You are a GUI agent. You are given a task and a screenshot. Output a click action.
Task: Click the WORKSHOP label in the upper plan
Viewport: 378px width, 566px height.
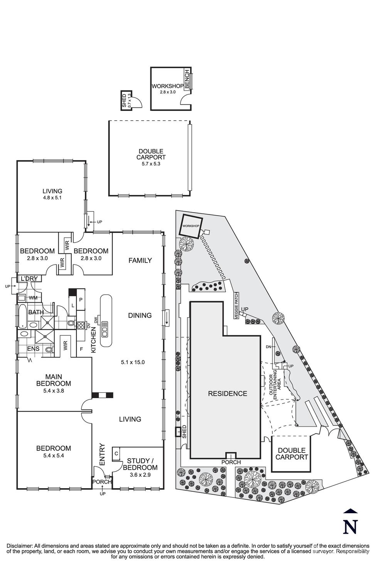pos(167,86)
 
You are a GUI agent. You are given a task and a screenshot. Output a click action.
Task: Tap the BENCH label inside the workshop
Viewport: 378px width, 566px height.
pos(187,79)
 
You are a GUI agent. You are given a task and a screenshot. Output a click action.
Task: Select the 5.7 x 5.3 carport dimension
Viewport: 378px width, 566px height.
pos(151,163)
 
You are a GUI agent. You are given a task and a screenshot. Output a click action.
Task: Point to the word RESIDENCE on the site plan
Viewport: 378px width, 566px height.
pos(227,394)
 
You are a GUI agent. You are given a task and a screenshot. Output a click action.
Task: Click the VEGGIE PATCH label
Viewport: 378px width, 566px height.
pos(236,305)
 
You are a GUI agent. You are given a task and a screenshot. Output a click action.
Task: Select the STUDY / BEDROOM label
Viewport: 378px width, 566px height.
pos(140,464)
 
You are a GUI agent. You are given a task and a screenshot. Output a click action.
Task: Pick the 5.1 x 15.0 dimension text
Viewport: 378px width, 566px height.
pos(133,362)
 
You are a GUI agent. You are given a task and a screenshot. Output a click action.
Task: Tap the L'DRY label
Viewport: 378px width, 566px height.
pos(29,278)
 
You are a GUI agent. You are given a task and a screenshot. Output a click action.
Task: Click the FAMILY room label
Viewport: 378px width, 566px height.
pos(140,260)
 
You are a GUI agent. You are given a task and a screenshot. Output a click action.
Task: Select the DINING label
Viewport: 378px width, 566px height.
pos(140,315)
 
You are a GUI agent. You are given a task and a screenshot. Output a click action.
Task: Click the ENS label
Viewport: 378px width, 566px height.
pos(33,349)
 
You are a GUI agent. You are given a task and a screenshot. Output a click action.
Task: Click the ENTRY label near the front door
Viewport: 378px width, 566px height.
pos(102,454)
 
